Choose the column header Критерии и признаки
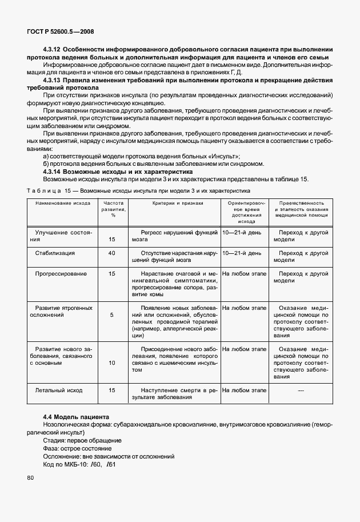click(x=178, y=202)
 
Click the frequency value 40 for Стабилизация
click(x=112, y=253)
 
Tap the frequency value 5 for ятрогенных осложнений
click(x=112, y=314)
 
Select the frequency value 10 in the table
click(x=112, y=362)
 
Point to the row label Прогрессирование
click(x=61, y=274)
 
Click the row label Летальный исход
click(x=59, y=390)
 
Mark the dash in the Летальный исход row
click(x=301, y=390)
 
